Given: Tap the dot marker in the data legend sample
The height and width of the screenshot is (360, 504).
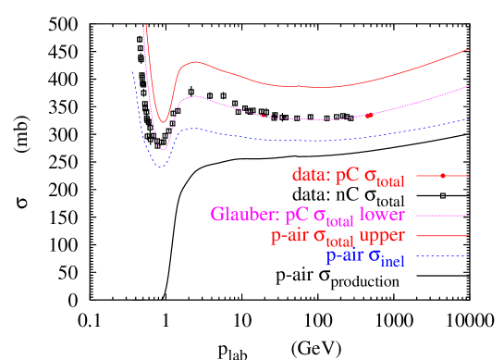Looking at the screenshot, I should pos(443,175).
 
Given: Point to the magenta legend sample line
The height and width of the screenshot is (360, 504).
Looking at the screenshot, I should pos(443,215).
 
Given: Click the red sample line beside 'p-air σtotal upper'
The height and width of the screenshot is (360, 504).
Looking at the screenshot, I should pos(443,236).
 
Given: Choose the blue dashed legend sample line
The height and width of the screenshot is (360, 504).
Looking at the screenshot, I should pos(443,256).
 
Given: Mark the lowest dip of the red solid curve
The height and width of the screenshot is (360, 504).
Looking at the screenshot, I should pos(163,122).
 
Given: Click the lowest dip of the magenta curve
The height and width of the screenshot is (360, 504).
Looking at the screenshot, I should pos(163,149).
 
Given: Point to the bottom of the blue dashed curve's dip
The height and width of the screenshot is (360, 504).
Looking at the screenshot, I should pos(161,167).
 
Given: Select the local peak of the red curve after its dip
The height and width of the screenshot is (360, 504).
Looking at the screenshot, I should pos(196,62).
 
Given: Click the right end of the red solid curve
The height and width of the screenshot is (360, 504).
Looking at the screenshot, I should pos(469,48).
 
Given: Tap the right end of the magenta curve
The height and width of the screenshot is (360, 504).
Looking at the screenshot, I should pos(469,85).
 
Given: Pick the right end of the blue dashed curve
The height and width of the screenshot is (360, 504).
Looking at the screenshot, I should pos(469,118).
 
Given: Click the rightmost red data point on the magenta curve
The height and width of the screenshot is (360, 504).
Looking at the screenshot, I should pos(369,115).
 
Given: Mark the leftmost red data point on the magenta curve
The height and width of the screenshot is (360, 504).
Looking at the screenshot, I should pos(264,116).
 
